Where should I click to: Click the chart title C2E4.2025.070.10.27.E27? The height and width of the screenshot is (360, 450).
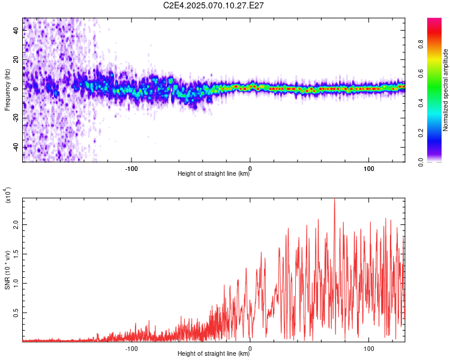[x=213, y=5]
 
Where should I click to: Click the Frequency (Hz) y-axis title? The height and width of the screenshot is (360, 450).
[x=7, y=90]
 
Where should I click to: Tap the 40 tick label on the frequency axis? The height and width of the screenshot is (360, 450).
[x=16, y=30]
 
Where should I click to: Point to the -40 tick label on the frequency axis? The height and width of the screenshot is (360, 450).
[x=16, y=148]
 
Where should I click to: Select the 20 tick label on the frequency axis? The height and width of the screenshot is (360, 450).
[x=16, y=59]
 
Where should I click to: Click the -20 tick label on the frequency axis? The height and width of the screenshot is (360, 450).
[x=16, y=119]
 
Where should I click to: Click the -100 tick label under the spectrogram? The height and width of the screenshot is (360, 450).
[x=131, y=169]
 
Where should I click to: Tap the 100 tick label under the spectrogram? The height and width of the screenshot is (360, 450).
[x=369, y=169]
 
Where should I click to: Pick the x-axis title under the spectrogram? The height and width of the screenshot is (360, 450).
[x=214, y=173]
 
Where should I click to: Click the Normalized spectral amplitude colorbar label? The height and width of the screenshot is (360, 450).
[x=445, y=90]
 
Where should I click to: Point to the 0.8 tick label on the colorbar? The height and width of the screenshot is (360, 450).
[x=421, y=44]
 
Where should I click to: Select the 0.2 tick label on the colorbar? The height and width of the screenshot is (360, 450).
[x=421, y=133]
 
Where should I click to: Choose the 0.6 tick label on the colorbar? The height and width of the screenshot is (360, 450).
[x=421, y=74]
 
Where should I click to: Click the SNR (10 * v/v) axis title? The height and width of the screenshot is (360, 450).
[x=7, y=270]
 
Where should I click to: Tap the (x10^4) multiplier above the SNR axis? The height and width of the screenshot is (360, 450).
[x=8, y=195]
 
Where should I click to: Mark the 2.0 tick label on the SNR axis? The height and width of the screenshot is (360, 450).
[x=16, y=225]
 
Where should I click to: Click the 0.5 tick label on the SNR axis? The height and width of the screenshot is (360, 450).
[x=16, y=313]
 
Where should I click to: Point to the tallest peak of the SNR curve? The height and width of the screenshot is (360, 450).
[x=334, y=199]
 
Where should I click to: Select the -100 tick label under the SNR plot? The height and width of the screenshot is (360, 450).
[x=131, y=349]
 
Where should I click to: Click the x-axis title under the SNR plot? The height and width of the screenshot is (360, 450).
[x=214, y=353]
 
